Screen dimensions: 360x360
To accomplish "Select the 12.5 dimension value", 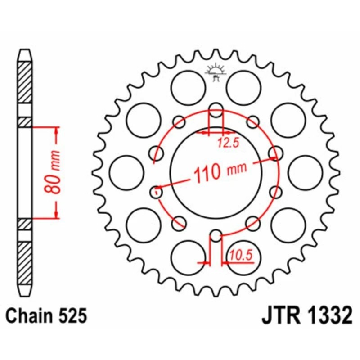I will pyautogui.click(x=228, y=144).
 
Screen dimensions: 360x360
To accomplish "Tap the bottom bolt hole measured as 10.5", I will pyautogui.click(x=216, y=236).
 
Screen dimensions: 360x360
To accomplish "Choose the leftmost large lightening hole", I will pyautogui.click(x=126, y=173).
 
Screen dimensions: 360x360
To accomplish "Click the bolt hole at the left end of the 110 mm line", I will pyautogui.click(x=156, y=192).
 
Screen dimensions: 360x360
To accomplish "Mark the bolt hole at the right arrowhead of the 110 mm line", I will pyautogui.click(x=275, y=153).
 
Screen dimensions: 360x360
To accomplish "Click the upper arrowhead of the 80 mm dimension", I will pyautogui.click(x=57, y=130).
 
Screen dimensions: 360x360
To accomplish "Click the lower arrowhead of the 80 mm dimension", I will pyautogui.click(x=57, y=215).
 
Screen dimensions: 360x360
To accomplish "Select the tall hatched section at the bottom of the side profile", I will pyautogui.click(x=25, y=263).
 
